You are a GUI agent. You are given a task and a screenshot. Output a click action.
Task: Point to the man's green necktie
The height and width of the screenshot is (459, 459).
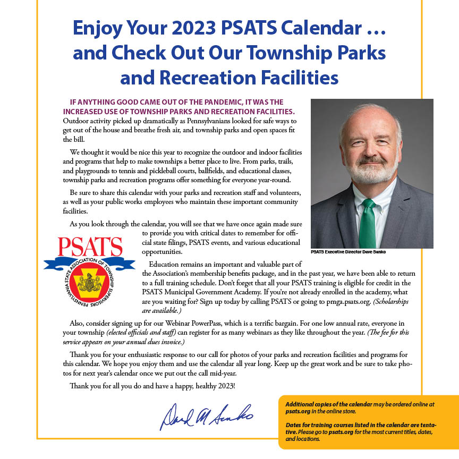click(x=368, y=224)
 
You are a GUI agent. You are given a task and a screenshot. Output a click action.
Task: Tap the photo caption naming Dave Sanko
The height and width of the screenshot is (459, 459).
click(x=348, y=252)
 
